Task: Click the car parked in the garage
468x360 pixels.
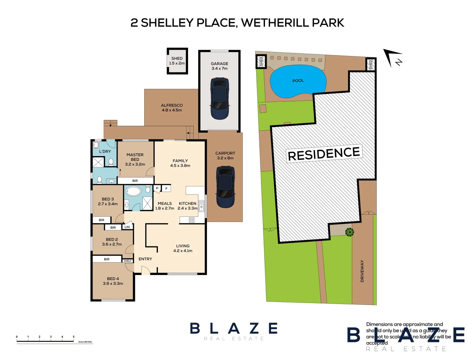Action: (220, 99)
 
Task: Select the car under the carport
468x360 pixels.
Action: (225, 187)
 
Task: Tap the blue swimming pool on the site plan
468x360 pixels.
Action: (298, 81)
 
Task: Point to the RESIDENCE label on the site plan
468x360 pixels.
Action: (324, 154)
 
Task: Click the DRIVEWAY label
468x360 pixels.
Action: (362, 271)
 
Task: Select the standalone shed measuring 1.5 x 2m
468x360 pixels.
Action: (177, 61)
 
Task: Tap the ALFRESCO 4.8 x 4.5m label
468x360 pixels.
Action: (172, 108)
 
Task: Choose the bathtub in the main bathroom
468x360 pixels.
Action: (134, 191)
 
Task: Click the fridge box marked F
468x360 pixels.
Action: (166, 189)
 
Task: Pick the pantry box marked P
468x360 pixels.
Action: (157, 189)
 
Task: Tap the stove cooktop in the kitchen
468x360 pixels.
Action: (192, 220)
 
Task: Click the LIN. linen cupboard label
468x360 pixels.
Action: (127, 227)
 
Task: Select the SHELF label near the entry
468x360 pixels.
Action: (128, 261)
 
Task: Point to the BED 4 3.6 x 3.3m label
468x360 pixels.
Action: (113, 281)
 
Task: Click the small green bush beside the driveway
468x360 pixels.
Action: (349, 232)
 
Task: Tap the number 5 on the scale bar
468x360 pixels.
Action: (74, 337)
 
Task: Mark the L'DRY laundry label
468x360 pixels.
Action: (105, 151)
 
